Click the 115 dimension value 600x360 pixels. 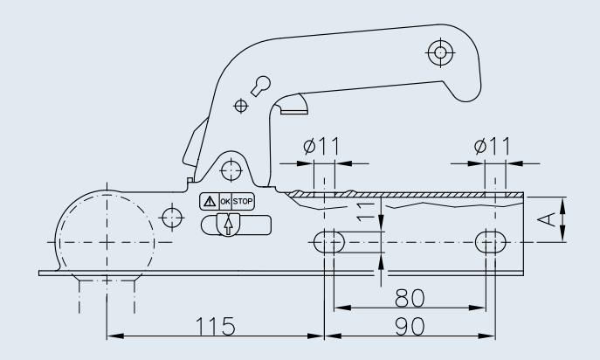215,326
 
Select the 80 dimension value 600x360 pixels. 410,298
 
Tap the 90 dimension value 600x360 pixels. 410,327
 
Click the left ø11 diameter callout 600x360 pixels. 321,146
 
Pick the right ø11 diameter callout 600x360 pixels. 492,146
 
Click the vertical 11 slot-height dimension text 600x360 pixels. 365,211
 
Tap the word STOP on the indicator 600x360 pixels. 243,202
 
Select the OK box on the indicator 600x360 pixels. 225,202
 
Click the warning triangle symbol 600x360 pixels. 210,201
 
